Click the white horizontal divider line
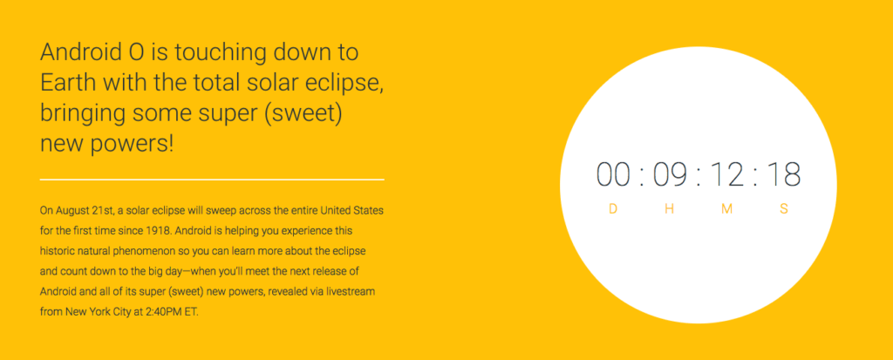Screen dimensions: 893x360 212,180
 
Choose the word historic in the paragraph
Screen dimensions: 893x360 57,252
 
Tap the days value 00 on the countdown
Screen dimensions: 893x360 613,174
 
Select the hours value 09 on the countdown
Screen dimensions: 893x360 670,174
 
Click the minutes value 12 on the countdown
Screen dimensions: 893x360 726,174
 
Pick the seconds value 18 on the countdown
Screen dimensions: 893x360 784,174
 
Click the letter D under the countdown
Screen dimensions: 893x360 613,209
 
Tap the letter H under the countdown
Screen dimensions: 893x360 670,209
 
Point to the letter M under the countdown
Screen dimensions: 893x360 726,209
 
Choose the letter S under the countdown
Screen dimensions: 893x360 784,209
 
